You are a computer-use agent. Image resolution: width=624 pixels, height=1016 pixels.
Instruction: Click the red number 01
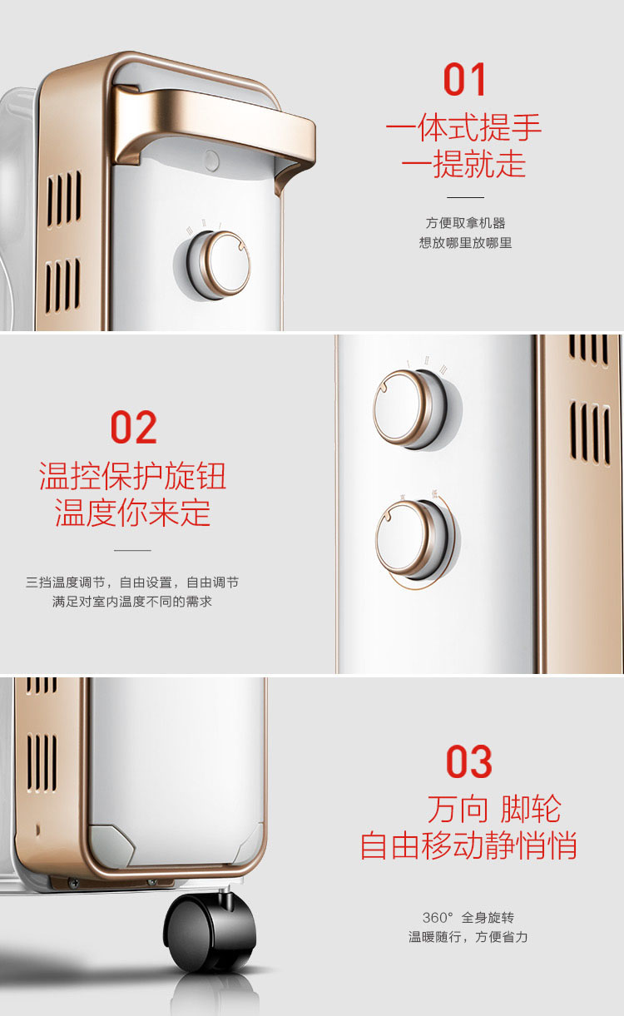tap(465, 79)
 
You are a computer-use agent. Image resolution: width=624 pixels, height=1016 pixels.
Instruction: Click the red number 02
tap(134, 427)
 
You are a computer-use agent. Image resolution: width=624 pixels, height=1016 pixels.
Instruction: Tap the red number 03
tap(469, 762)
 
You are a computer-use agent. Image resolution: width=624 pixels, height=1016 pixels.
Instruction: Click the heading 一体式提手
tap(464, 127)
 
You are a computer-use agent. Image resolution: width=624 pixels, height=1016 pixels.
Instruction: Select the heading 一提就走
tap(464, 163)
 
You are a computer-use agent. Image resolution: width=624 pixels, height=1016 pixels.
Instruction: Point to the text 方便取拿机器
tap(465, 223)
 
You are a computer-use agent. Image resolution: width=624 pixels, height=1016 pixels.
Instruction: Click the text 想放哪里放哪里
tap(465, 243)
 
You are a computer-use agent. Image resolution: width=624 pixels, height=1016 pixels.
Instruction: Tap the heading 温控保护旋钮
tap(132, 476)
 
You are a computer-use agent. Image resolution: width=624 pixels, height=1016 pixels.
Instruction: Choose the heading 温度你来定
tap(132, 513)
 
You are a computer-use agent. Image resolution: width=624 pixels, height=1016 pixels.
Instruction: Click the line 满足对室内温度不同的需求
tap(132, 602)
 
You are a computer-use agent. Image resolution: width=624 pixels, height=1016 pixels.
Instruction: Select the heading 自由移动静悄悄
tap(468, 845)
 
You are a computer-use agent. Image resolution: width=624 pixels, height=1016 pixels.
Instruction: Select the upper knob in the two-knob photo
tap(410, 409)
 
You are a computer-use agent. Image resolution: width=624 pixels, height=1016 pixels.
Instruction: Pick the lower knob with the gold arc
tap(414, 539)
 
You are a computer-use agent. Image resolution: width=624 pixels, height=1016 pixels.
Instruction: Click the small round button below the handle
tap(211, 161)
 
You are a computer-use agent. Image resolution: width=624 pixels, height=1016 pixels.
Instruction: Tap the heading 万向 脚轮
tap(494, 809)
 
